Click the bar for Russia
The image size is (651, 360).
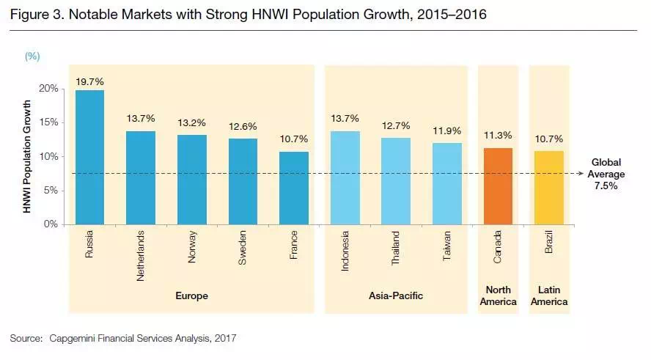pyautogui.click(x=89, y=157)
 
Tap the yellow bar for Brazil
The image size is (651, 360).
pyautogui.click(x=549, y=188)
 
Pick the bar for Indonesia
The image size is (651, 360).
pyautogui.click(x=345, y=177)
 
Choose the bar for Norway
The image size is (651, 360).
pyautogui.click(x=192, y=179)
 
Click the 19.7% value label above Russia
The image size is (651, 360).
pyautogui.click(x=89, y=82)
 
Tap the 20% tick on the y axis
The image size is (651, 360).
pyautogui.click(x=49, y=88)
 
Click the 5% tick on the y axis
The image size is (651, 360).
pyautogui.click(x=51, y=190)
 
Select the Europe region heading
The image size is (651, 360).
pyautogui.click(x=192, y=296)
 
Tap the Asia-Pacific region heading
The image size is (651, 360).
pyautogui.click(x=396, y=296)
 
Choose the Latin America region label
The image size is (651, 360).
pyautogui.click(x=549, y=295)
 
